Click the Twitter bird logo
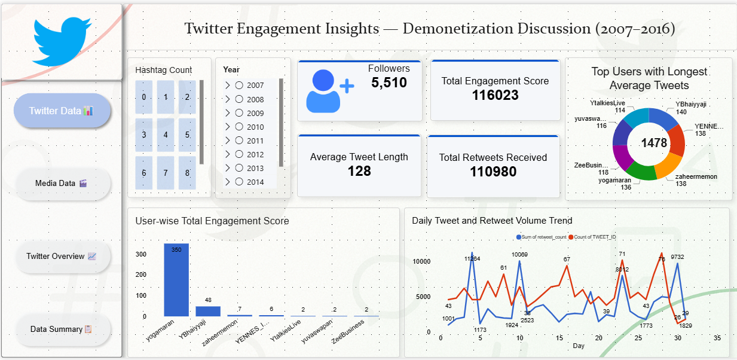(62, 41)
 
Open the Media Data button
(62, 184)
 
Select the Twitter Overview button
(62, 257)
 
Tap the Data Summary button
(62, 330)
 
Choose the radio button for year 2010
(239, 127)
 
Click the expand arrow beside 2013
(228, 168)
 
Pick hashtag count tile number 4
(166, 135)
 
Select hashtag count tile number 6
(144, 173)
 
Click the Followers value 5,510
(389, 83)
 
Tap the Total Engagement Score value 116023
(495, 95)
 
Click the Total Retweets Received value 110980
(493, 172)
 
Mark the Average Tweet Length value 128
(359, 172)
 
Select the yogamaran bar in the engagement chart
(176, 280)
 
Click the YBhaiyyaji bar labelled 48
(208, 311)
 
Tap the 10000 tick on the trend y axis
(421, 262)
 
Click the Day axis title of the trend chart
(579, 346)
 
